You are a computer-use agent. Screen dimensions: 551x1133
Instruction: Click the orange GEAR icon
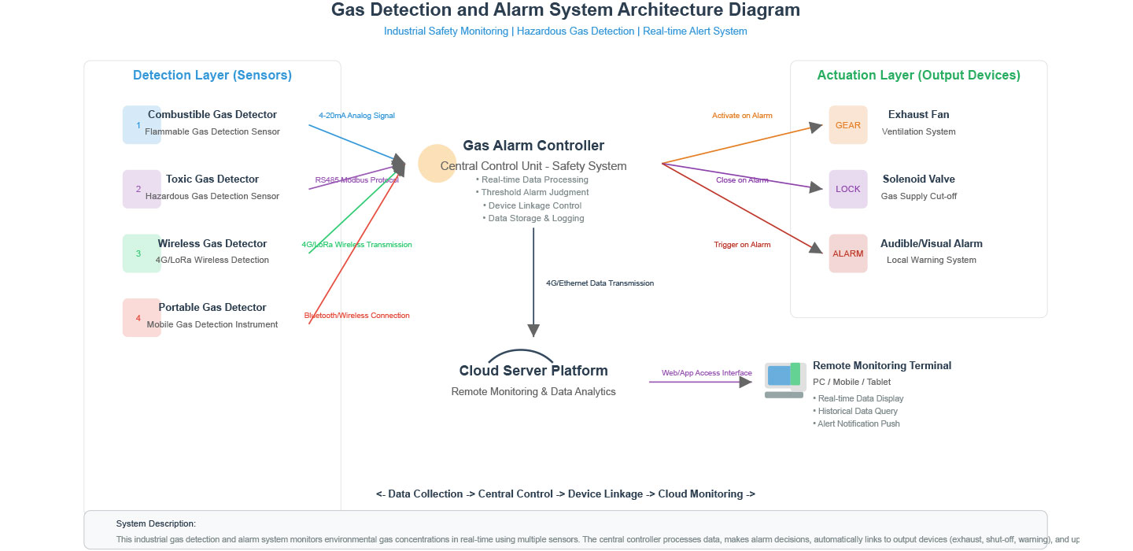point(848,125)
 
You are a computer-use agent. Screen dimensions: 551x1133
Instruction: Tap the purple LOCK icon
point(848,189)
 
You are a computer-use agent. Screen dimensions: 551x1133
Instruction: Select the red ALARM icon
point(848,253)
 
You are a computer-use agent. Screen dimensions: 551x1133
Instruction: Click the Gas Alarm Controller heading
point(533,146)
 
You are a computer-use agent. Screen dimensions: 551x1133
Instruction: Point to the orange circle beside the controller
point(437,164)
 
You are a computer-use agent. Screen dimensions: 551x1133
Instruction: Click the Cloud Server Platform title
point(533,371)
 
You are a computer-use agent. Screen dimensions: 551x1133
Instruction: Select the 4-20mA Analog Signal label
point(356,116)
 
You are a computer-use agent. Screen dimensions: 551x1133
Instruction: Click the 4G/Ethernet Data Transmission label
point(600,283)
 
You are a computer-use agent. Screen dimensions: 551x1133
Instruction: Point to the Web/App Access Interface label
point(707,373)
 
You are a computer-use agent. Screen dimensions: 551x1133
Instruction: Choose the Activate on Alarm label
point(742,116)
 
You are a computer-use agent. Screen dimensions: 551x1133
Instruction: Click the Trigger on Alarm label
point(742,245)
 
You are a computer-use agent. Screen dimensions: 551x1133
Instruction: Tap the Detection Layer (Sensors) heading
point(212,76)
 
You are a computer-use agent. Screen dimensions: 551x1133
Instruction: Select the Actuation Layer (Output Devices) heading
point(918,76)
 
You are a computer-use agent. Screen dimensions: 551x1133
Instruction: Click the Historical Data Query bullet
point(857,411)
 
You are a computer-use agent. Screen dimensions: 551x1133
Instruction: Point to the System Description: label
point(156,523)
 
